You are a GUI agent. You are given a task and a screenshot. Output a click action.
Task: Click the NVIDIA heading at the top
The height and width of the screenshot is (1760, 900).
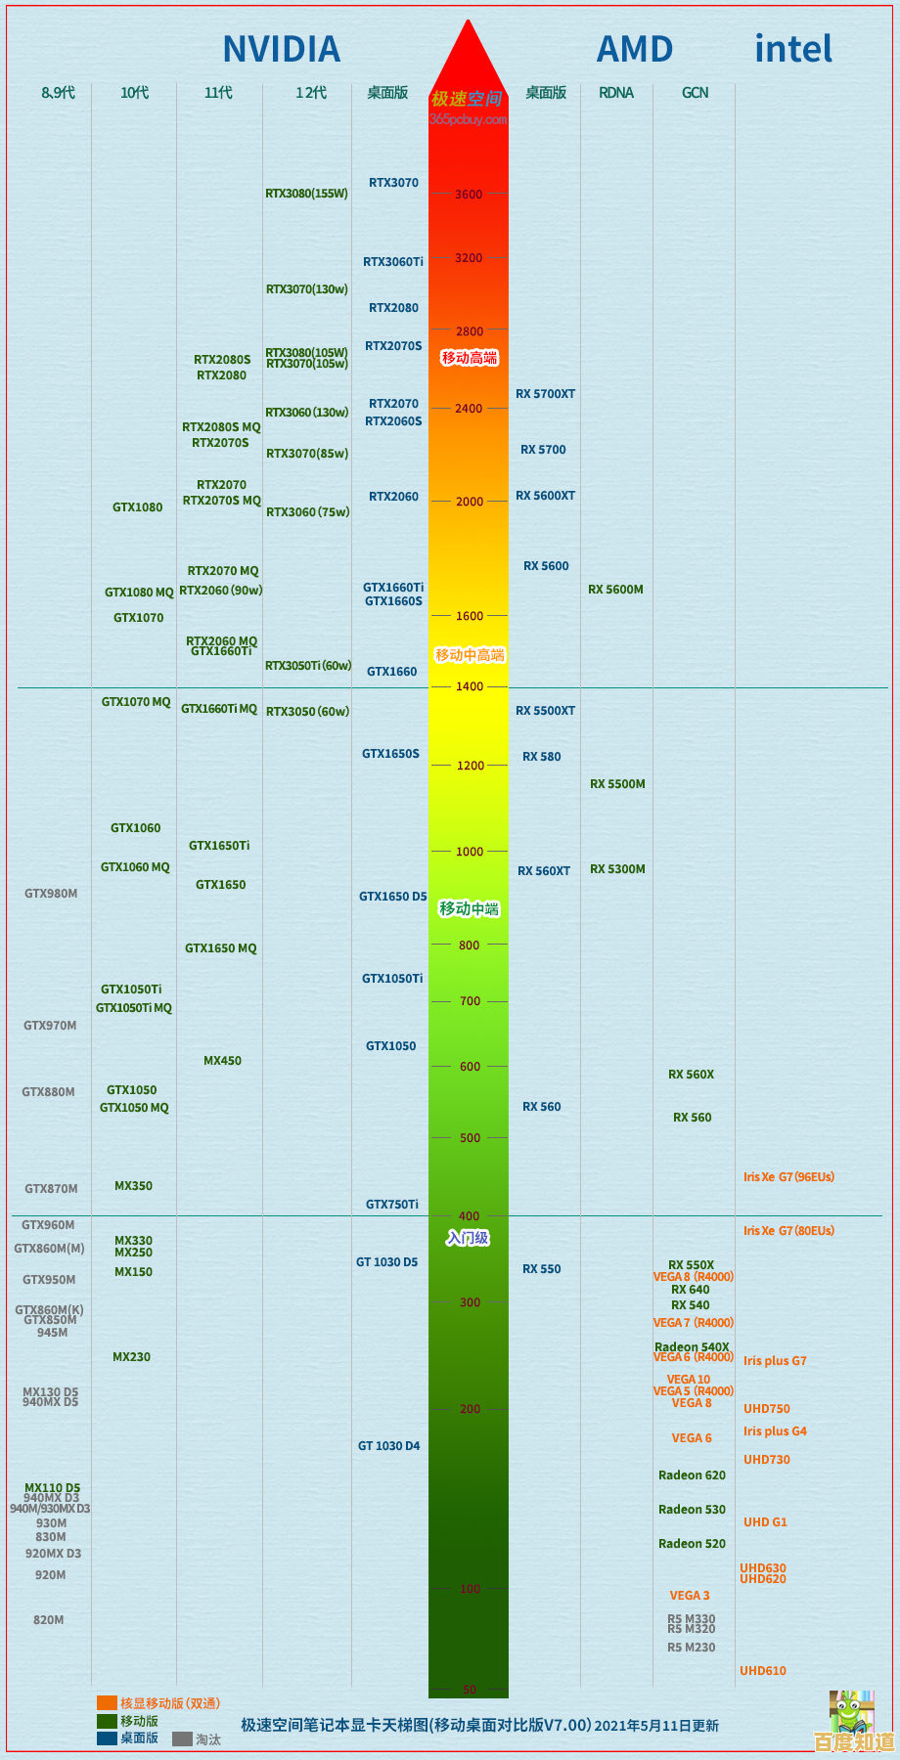click(x=282, y=49)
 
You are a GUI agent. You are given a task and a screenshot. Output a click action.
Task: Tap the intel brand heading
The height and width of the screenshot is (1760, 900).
click(x=793, y=49)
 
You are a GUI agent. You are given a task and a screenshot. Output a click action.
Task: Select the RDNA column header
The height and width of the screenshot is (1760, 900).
click(x=616, y=93)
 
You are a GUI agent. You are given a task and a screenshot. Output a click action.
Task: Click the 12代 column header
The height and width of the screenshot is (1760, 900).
click(x=311, y=93)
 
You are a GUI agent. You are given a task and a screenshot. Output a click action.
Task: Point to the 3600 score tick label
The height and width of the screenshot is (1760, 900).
click(x=469, y=195)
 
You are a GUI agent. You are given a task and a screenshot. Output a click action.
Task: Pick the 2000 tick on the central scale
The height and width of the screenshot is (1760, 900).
click(x=470, y=502)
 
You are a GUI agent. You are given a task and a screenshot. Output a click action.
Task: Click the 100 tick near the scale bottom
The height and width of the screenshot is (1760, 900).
click(x=471, y=1589)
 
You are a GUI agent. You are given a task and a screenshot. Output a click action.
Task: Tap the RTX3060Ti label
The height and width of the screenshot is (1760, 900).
click(x=393, y=262)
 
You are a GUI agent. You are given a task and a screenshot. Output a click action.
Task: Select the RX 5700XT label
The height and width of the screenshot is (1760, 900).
click(x=546, y=394)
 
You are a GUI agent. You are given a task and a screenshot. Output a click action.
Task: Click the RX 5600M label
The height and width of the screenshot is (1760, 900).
click(x=616, y=590)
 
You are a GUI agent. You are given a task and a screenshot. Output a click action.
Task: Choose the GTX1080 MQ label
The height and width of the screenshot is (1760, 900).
click(x=139, y=593)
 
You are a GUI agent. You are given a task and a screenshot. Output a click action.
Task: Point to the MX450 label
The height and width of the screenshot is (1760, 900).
click(x=222, y=1061)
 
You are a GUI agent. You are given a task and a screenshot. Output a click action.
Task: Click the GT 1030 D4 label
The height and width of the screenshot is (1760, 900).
click(x=388, y=1446)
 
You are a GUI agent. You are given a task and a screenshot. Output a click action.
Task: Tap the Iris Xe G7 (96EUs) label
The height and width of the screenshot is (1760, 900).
click(x=788, y=1177)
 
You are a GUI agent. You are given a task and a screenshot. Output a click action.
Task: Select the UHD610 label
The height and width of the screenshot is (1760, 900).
click(x=763, y=1671)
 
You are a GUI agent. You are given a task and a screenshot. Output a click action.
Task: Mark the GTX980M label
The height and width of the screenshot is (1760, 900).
click(x=51, y=894)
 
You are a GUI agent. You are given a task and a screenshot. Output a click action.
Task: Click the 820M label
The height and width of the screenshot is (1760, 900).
click(x=49, y=1620)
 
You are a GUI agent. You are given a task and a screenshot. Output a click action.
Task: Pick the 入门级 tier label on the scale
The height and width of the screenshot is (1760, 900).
click(x=468, y=1239)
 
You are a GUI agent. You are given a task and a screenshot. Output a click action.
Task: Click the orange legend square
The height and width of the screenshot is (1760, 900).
click(x=107, y=1703)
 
